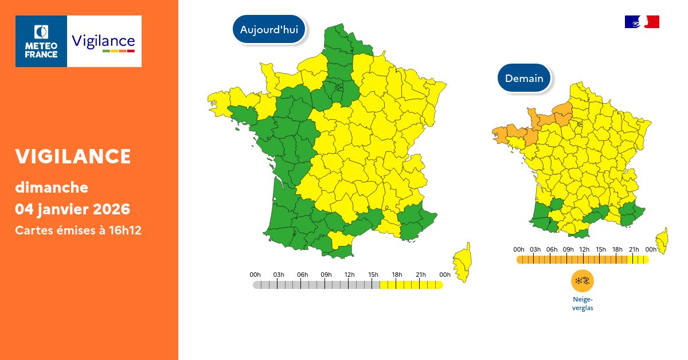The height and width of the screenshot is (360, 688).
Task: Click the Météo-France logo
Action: [x=41, y=41]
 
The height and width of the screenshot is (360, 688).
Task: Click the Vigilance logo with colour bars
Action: [x=104, y=41]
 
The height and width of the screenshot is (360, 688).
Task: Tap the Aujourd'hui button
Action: [x=269, y=30]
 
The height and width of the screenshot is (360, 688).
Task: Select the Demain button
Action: [x=524, y=78]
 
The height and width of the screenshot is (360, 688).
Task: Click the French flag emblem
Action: [x=642, y=22]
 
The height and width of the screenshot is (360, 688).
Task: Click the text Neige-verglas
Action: [x=583, y=303]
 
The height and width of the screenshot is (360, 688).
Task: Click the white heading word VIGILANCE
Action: [x=73, y=156]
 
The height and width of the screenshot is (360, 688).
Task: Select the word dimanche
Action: [x=52, y=187]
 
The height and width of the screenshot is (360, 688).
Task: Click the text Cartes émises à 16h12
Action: [x=78, y=230]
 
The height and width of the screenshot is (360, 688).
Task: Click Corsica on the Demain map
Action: [x=663, y=240]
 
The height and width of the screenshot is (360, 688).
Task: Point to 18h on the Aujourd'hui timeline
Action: [x=396, y=275]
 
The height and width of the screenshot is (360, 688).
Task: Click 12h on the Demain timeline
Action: [x=584, y=249]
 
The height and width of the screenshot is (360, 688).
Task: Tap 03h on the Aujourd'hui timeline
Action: [x=279, y=275]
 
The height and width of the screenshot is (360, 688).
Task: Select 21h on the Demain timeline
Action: [x=634, y=249]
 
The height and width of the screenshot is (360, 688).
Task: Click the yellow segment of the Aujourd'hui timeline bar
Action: [x=411, y=285]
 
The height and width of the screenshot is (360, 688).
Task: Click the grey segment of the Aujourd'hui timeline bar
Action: [x=315, y=285]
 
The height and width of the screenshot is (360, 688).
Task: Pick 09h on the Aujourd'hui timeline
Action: [x=326, y=275]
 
